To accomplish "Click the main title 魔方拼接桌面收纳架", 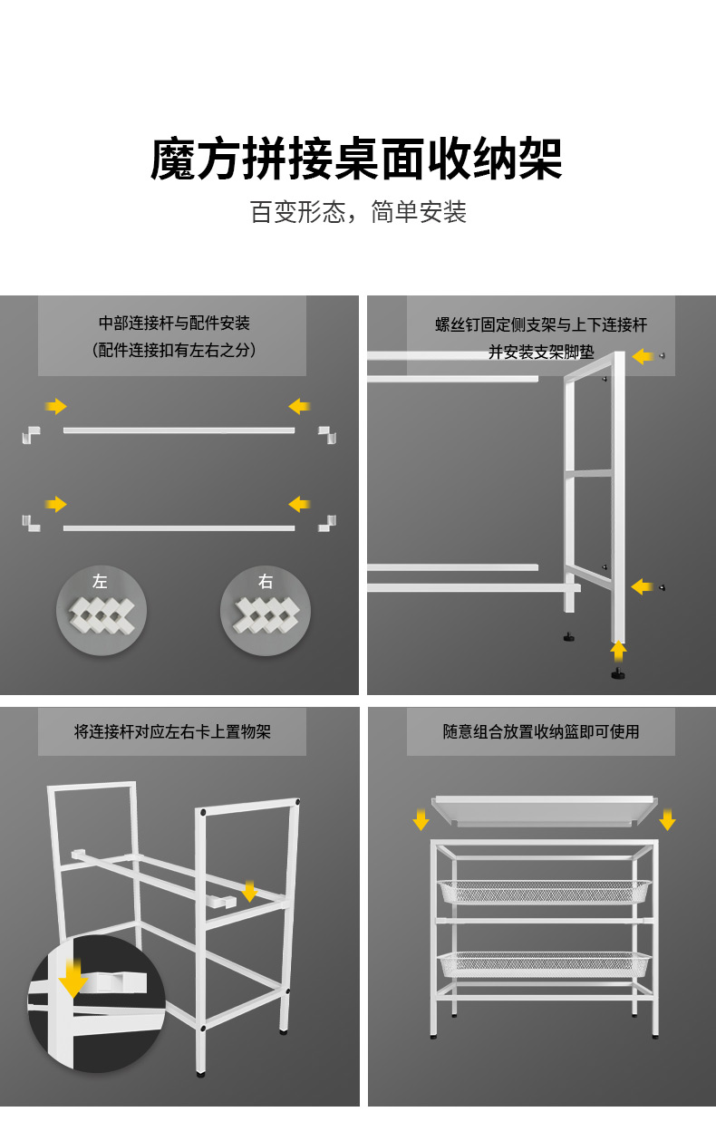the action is tap(357, 159).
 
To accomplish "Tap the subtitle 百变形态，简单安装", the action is tap(358, 213).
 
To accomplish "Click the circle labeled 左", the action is tap(102, 610).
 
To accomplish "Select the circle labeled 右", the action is tap(266, 610).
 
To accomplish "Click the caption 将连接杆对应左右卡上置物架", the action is tap(172, 731).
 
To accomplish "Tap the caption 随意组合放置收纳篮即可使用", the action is tap(541, 731).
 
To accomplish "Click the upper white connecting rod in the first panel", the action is tap(179, 430).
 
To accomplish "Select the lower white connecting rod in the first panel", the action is tap(179, 527).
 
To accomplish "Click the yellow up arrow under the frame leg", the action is tap(618, 650).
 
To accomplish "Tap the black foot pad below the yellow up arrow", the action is tap(618, 673).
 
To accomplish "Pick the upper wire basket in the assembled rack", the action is tap(544, 892).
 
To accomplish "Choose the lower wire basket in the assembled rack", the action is tap(544, 964).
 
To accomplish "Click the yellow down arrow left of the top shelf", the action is tap(421, 819).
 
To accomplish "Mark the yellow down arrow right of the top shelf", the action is tap(668, 819).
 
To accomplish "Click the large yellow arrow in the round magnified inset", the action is tap(73, 978).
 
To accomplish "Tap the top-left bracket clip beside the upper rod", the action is tap(32, 434).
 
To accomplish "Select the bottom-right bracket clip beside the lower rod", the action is tap(327, 524).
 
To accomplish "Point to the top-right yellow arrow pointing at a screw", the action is tap(643, 356).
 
